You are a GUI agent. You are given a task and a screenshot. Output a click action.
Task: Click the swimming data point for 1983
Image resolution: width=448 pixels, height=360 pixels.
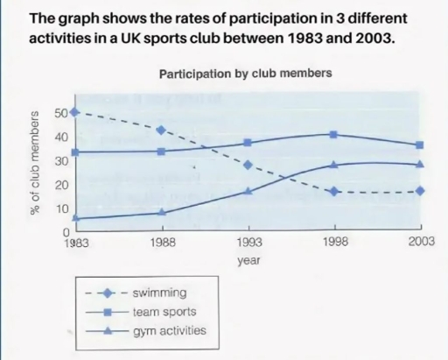(74, 112)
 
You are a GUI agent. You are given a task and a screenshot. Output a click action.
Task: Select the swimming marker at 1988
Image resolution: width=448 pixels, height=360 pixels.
(160, 130)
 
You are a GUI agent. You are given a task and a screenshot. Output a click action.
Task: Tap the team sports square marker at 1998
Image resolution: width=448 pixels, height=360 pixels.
(333, 134)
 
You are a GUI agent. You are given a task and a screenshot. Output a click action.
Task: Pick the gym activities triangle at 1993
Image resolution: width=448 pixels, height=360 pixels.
(248, 190)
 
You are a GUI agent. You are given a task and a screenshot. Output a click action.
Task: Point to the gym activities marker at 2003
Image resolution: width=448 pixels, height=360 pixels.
(420, 164)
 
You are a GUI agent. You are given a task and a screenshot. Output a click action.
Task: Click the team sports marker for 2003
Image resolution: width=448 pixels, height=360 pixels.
(420, 145)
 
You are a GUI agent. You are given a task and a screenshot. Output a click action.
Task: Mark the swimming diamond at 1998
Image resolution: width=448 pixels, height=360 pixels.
(333, 191)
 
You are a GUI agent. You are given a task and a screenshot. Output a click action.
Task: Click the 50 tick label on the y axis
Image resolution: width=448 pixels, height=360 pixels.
(59, 113)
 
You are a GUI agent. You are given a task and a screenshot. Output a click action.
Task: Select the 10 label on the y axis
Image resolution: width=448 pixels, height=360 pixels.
(59, 208)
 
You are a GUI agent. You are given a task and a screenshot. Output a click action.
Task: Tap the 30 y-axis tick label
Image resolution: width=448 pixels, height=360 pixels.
(59, 161)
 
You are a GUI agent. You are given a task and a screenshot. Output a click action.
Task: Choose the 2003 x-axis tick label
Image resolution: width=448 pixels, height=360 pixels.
(420, 244)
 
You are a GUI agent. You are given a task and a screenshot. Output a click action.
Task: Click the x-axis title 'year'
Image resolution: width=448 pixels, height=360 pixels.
(248, 260)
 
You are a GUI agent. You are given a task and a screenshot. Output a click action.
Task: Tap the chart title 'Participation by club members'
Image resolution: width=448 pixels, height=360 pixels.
(245, 74)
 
